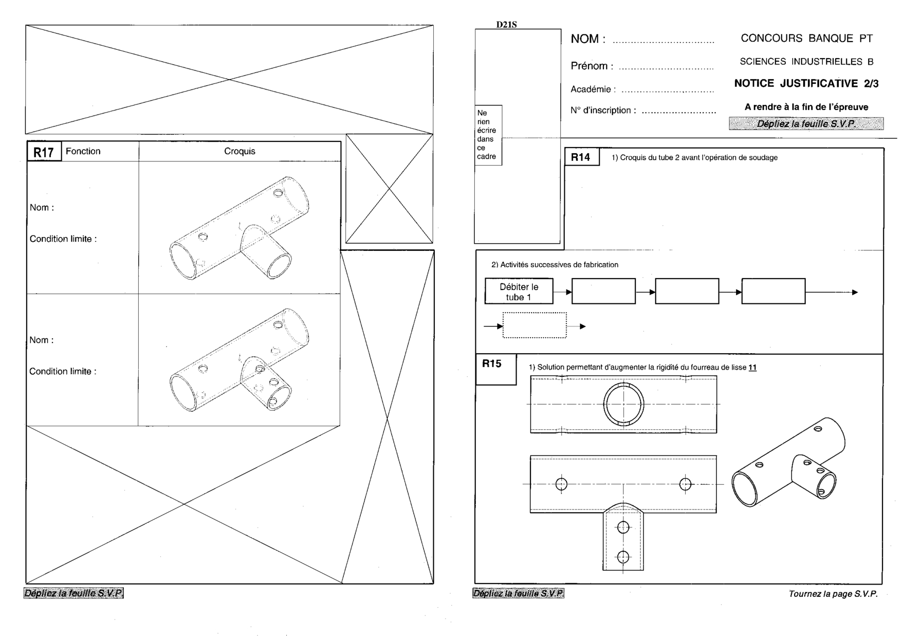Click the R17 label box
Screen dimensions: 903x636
pos(44,152)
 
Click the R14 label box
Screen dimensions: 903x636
pos(581,157)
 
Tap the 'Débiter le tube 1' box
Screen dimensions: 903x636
pos(519,292)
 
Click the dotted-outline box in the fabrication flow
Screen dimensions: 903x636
pos(535,325)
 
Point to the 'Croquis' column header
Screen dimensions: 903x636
pos(239,151)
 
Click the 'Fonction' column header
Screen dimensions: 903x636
pos(83,151)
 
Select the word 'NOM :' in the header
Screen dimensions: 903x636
pos(588,39)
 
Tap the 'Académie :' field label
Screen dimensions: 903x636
pos(593,89)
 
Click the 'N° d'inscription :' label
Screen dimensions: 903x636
pos(603,110)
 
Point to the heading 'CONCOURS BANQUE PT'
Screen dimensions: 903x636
pos(806,38)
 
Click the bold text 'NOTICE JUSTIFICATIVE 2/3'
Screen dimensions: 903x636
pos(806,83)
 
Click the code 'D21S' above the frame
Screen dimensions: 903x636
pos(506,24)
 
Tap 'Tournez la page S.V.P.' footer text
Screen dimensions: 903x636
pos(833,594)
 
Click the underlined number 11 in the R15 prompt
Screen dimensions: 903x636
pos(752,367)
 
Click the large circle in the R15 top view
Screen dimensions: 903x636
pos(623,404)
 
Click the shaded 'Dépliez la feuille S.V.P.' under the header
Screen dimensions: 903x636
pos(806,123)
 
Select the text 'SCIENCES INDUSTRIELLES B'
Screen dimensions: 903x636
pos(806,62)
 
